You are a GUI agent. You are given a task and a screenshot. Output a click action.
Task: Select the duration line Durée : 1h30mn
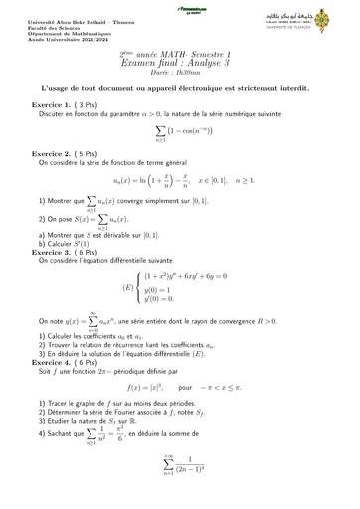tap(180, 73)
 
